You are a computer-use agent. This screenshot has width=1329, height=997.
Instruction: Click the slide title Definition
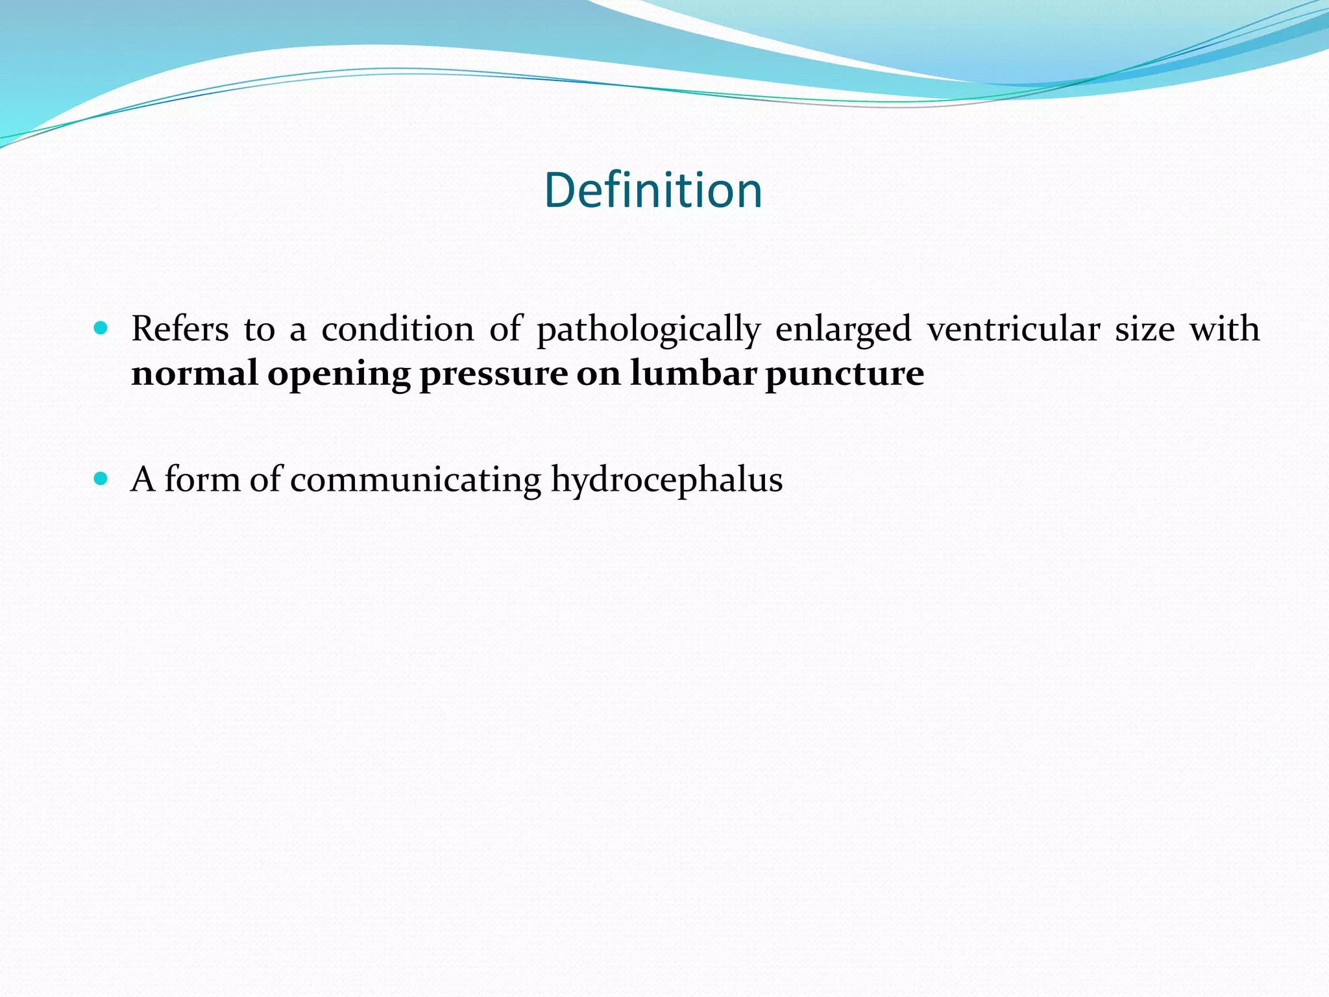[653, 190]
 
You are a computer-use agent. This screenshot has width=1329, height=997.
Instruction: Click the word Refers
[180, 328]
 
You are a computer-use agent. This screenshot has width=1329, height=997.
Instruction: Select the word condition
[398, 328]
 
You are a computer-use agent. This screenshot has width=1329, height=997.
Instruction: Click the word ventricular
[1013, 328]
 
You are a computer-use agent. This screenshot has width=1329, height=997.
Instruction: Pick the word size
[1144, 328]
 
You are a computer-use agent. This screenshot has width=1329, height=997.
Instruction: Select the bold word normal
[195, 373]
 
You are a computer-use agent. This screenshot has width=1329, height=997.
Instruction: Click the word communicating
[415, 480]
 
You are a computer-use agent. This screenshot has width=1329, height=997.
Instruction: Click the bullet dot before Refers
[100, 328]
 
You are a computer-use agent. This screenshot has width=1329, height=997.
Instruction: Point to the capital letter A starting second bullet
[143, 480]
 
